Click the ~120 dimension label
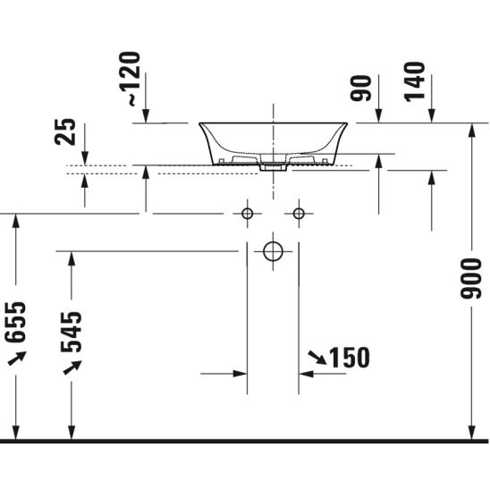click(130, 79)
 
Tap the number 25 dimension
click(65, 131)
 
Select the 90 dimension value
click(361, 89)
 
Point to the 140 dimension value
click(414, 82)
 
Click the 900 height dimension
click(471, 278)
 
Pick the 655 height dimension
click(15, 322)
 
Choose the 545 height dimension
click(72, 332)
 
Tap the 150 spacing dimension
click(350, 358)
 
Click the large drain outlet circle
click(273, 243)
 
